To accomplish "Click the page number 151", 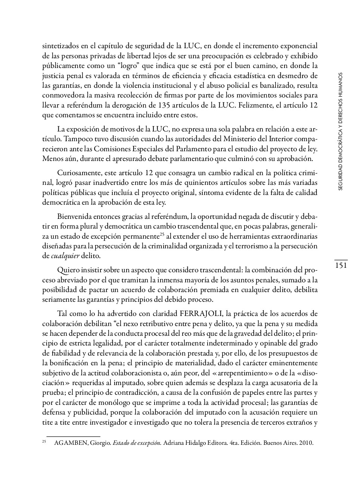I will [x=341, y=266].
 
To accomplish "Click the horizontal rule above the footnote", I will [x=73, y=436].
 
